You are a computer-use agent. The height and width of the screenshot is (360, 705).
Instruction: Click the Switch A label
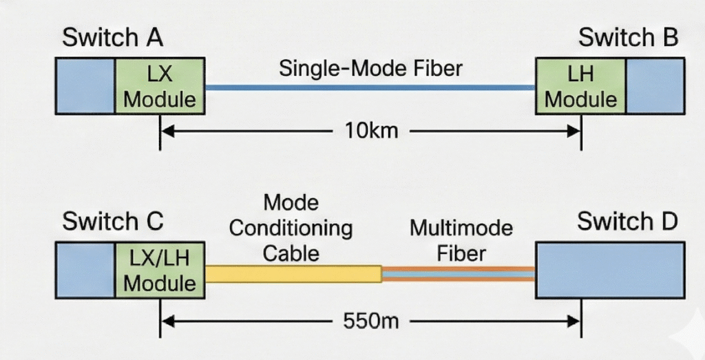pyautogui.click(x=112, y=37)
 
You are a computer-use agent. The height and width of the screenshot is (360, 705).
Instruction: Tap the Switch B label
pyautogui.click(x=628, y=37)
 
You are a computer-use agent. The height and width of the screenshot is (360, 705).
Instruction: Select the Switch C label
pyautogui.click(x=112, y=222)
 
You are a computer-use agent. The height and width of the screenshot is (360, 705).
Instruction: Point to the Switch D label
pyautogui.click(x=627, y=222)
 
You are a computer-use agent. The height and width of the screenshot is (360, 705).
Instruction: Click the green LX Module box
pyautogui.click(x=160, y=86)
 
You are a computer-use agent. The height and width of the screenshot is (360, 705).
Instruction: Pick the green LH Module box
pyautogui.click(x=580, y=86)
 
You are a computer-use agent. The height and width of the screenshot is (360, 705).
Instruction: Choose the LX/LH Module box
pyautogui.click(x=160, y=270)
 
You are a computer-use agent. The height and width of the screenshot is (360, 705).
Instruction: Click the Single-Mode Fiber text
pyautogui.click(x=370, y=69)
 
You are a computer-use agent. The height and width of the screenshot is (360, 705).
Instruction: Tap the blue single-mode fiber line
pyautogui.click(x=370, y=87)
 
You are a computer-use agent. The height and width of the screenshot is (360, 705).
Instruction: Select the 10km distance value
pyautogui.click(x=371, y=131)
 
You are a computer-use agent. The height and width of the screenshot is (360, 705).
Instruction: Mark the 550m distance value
pyautogui.click(x=371, y=321)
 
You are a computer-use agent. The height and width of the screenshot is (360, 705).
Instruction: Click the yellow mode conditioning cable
pyautogui.click(x=293, y=274)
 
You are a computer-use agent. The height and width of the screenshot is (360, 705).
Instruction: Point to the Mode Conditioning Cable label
pyautogui.click(x=291, y=229)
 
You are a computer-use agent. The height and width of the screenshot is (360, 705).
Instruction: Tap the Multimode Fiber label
pyautogui.click(x=461, y=242)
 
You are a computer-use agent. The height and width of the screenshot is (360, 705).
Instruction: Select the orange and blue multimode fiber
pyautogui.click(x=459, y=274)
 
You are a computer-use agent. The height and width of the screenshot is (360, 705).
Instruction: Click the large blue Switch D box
pyautogui.click(x=610, y=270)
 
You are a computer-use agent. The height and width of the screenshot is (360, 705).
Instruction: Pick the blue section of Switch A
pyautogui.click(x=85, y=86)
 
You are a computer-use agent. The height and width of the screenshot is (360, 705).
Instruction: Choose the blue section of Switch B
pyautogui.click(x=655, y=86)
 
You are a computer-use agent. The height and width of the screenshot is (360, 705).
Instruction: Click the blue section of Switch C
pyautogui.click(x=85, y=270)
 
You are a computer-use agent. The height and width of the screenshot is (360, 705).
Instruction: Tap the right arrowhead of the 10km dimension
pyautogui.click(x=575, y=131)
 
